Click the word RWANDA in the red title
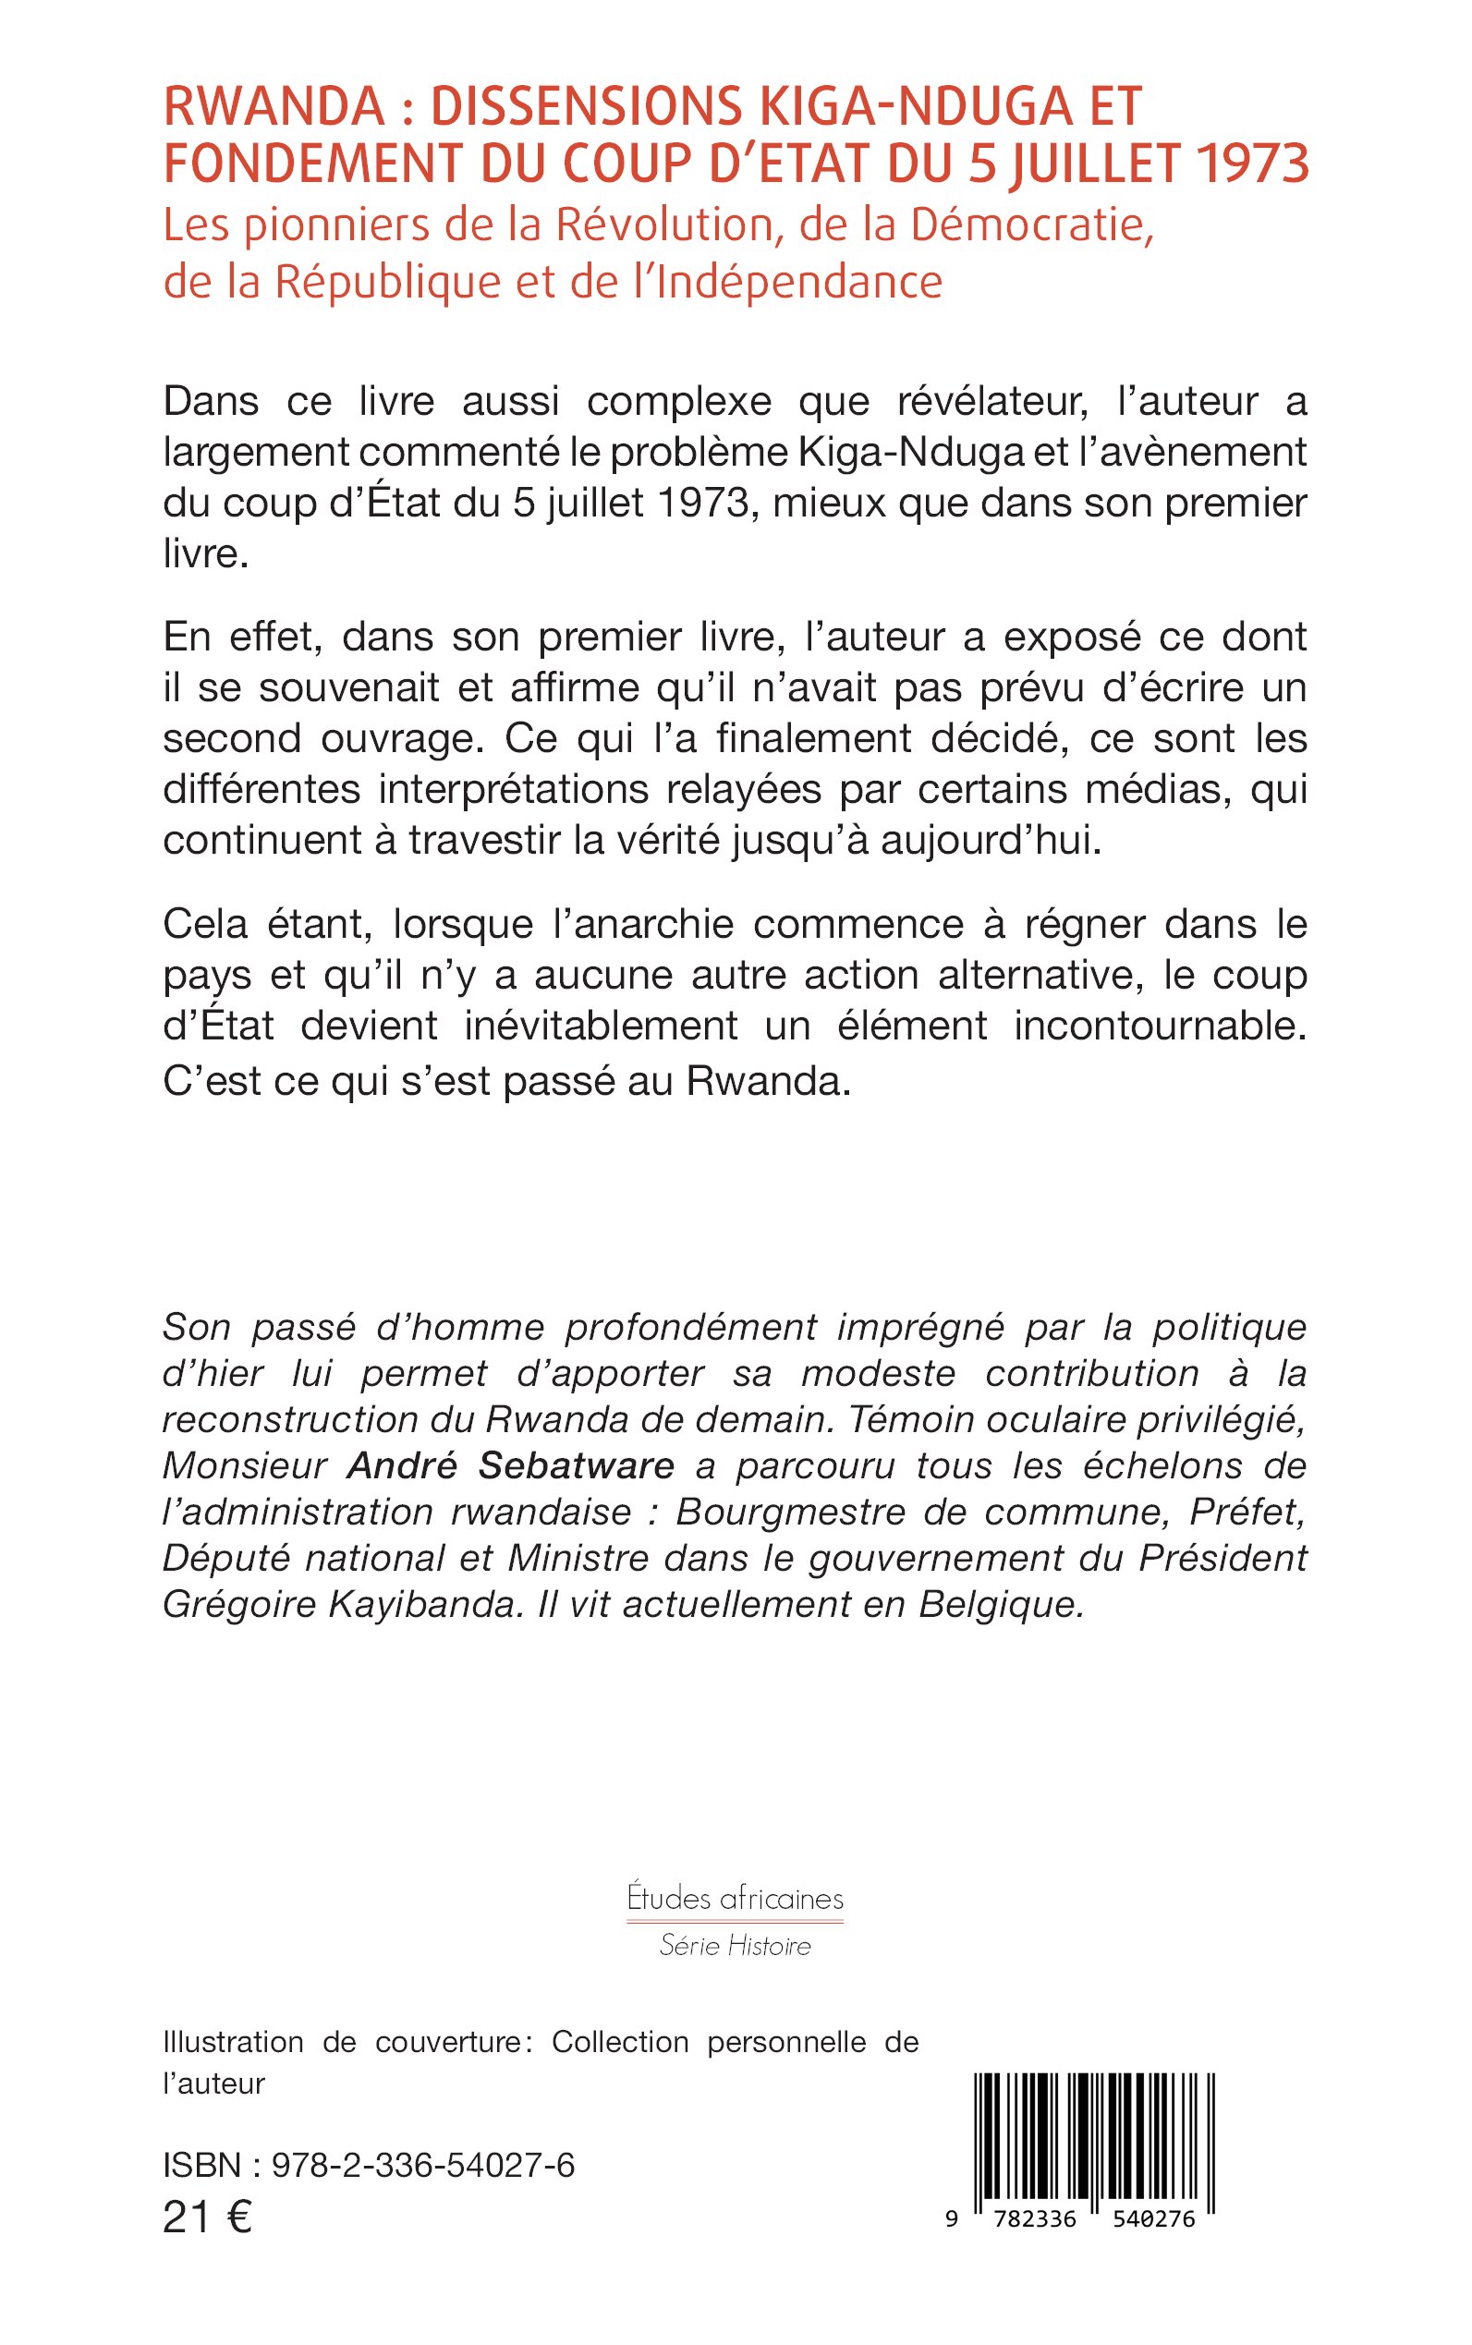point(274,107)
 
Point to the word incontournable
point(1160,1026)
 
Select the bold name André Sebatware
point(510,1465)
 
